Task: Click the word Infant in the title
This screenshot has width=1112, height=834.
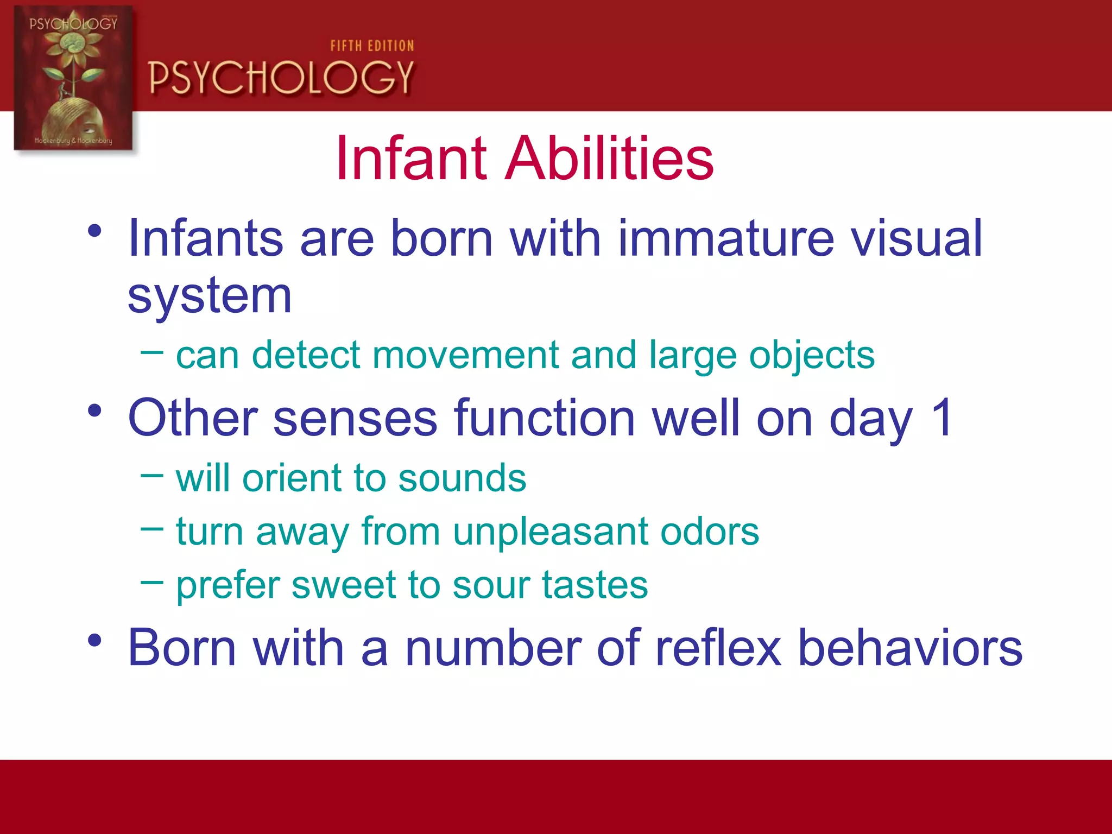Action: pyautogui.click(x=411, y=159)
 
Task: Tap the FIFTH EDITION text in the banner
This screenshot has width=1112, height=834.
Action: pyautogui.click(x=372, y=46)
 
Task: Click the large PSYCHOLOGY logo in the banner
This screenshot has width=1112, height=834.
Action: pyautogui.click(x=281, y=77)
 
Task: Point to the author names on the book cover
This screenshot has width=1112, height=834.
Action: pyautogui.click(x=73, y=141)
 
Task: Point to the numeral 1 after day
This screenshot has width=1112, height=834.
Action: pyautogui.click(x=941, y=417)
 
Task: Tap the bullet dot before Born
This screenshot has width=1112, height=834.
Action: pyautogui.click(x=94, y=641)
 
